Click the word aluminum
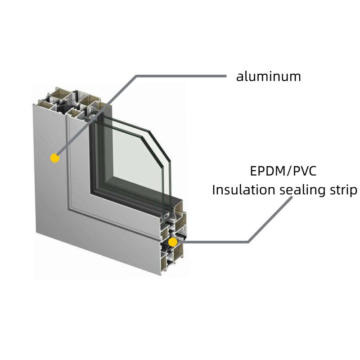[x=269, y=76]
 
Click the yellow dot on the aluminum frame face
[x=55, y=158]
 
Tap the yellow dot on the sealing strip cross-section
[x=173, y=242]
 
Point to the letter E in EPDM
[x=254, y=171]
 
